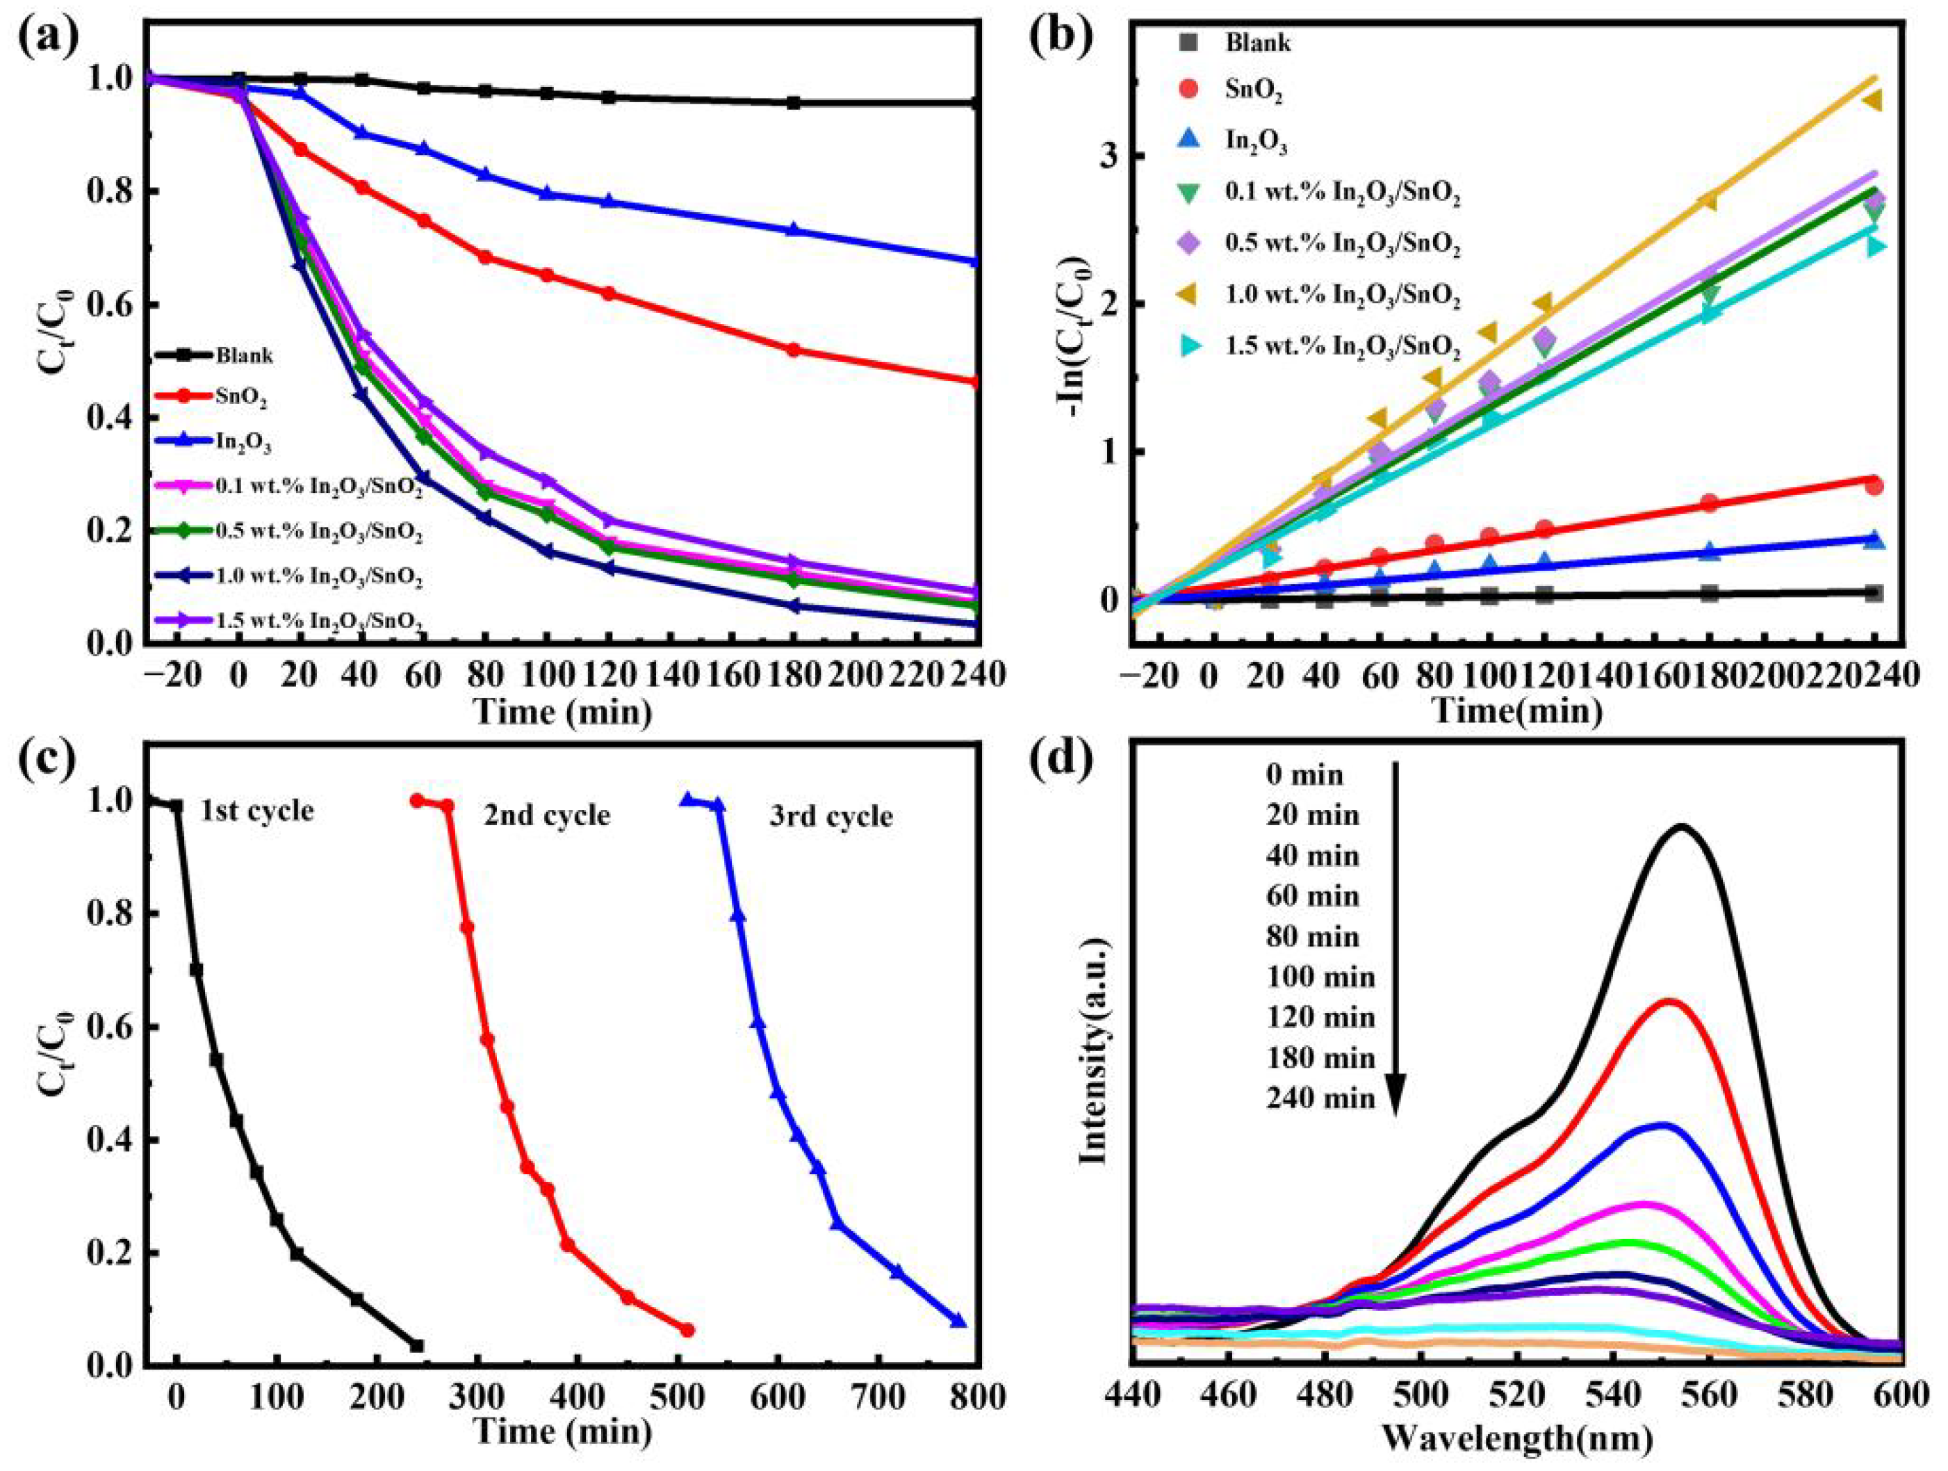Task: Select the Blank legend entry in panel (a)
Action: [x=244, y=356]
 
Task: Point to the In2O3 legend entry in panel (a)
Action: [x=243, y=444]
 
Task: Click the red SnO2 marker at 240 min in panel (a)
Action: [x=974, y=382]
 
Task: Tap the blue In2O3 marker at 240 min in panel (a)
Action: [x=974, y=261]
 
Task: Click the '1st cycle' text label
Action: [x=256, y=811]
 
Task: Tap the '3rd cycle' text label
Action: [x=830, y=817]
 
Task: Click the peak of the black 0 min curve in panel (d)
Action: [x=1682, y=827]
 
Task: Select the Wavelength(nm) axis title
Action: [x=1516, y=1438]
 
